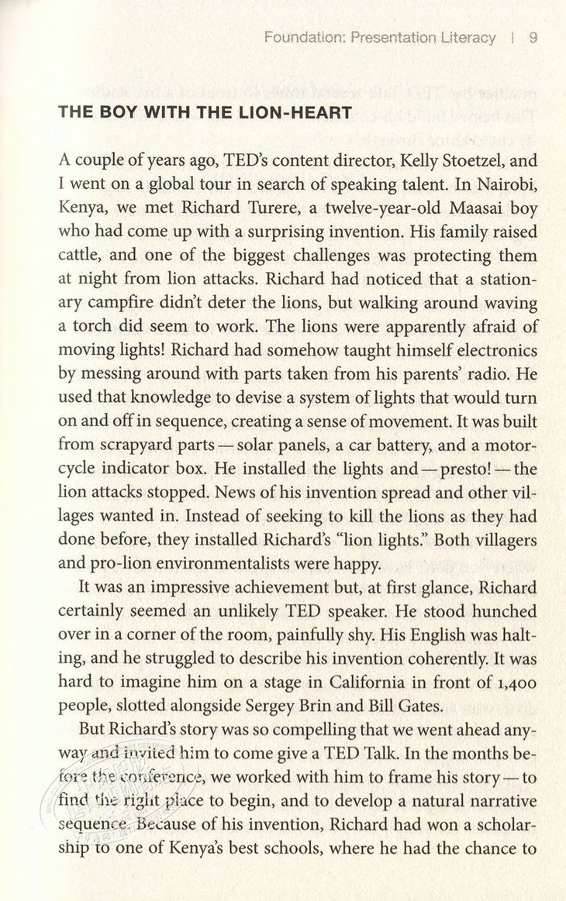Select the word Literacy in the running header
click(x=465, y=37)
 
